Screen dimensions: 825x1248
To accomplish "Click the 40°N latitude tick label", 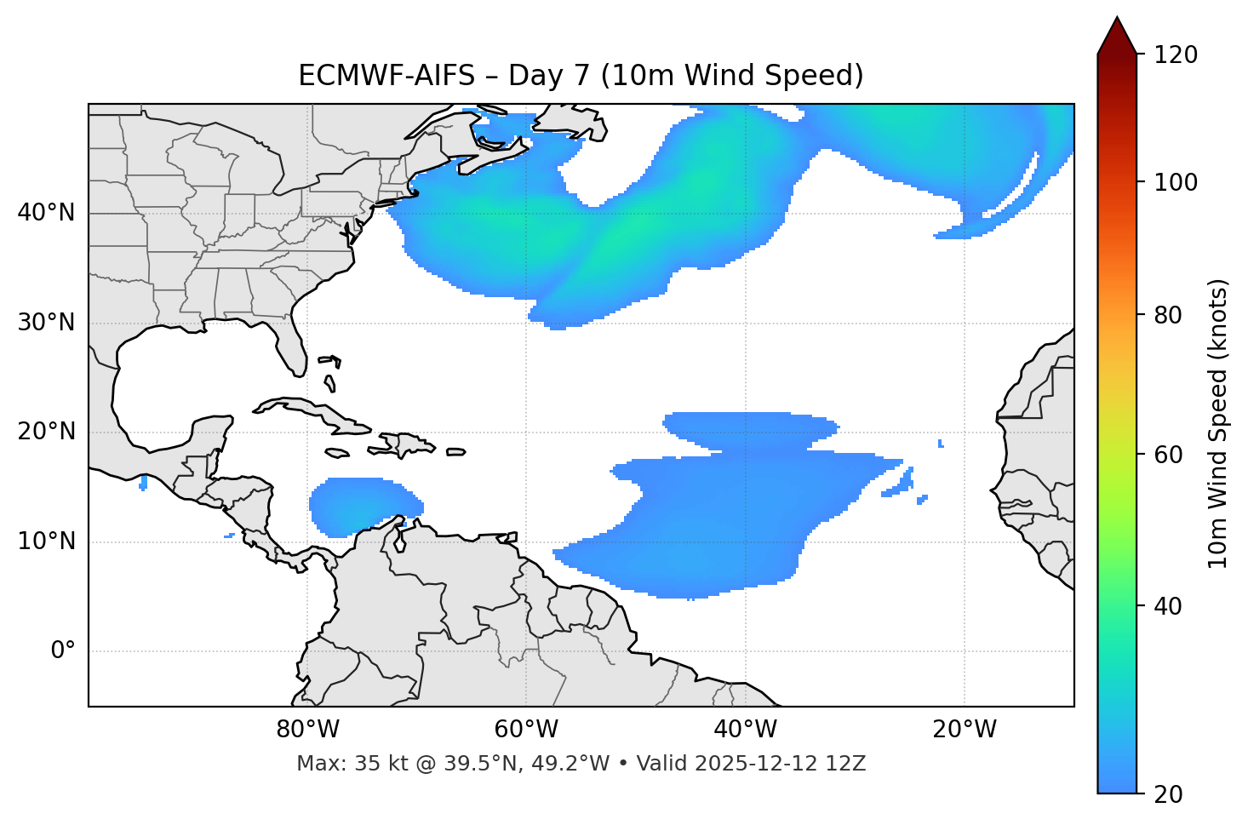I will coord(46,213).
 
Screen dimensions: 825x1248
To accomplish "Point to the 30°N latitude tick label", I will coord(46,323).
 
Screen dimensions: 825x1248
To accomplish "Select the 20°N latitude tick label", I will coord(46,432).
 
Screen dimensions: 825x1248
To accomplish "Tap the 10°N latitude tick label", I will coord(46,541).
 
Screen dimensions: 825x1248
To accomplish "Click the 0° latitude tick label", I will coord(63,651).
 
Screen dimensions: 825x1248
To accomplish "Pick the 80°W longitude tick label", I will coord(307,730).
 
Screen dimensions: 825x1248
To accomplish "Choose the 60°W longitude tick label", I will coord(526,730).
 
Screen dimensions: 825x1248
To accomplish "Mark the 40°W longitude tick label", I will coord(745,730).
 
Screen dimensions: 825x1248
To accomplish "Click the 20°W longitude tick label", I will coord(964,730).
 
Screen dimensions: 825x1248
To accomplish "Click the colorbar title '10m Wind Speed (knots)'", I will coord(1218,423).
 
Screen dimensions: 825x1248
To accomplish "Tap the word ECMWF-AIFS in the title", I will coord(386,76).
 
